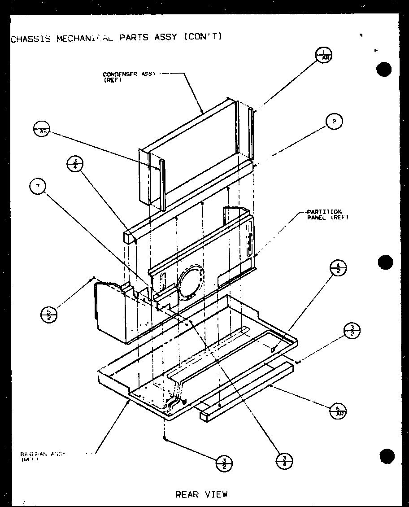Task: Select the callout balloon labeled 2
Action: tap(334, 121)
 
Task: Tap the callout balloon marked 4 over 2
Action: tap(339, 269)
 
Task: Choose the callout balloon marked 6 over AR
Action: tap(339, 410)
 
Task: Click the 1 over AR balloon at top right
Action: tap(324, 56)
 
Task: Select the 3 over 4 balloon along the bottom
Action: tap(284, 461)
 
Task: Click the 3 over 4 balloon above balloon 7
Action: tap(74, 164)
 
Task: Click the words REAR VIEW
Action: tap(201, 494)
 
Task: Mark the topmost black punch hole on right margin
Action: tap(384, 70)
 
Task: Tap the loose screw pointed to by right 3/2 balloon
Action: tap(297, 361)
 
